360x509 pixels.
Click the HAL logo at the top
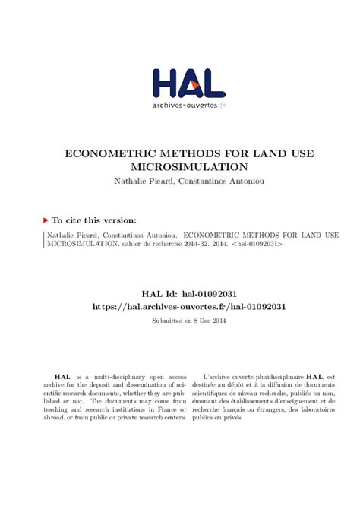pos(188,83)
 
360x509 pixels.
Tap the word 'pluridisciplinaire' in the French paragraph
pos(275,377)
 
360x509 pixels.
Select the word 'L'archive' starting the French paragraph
pos(218,377)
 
